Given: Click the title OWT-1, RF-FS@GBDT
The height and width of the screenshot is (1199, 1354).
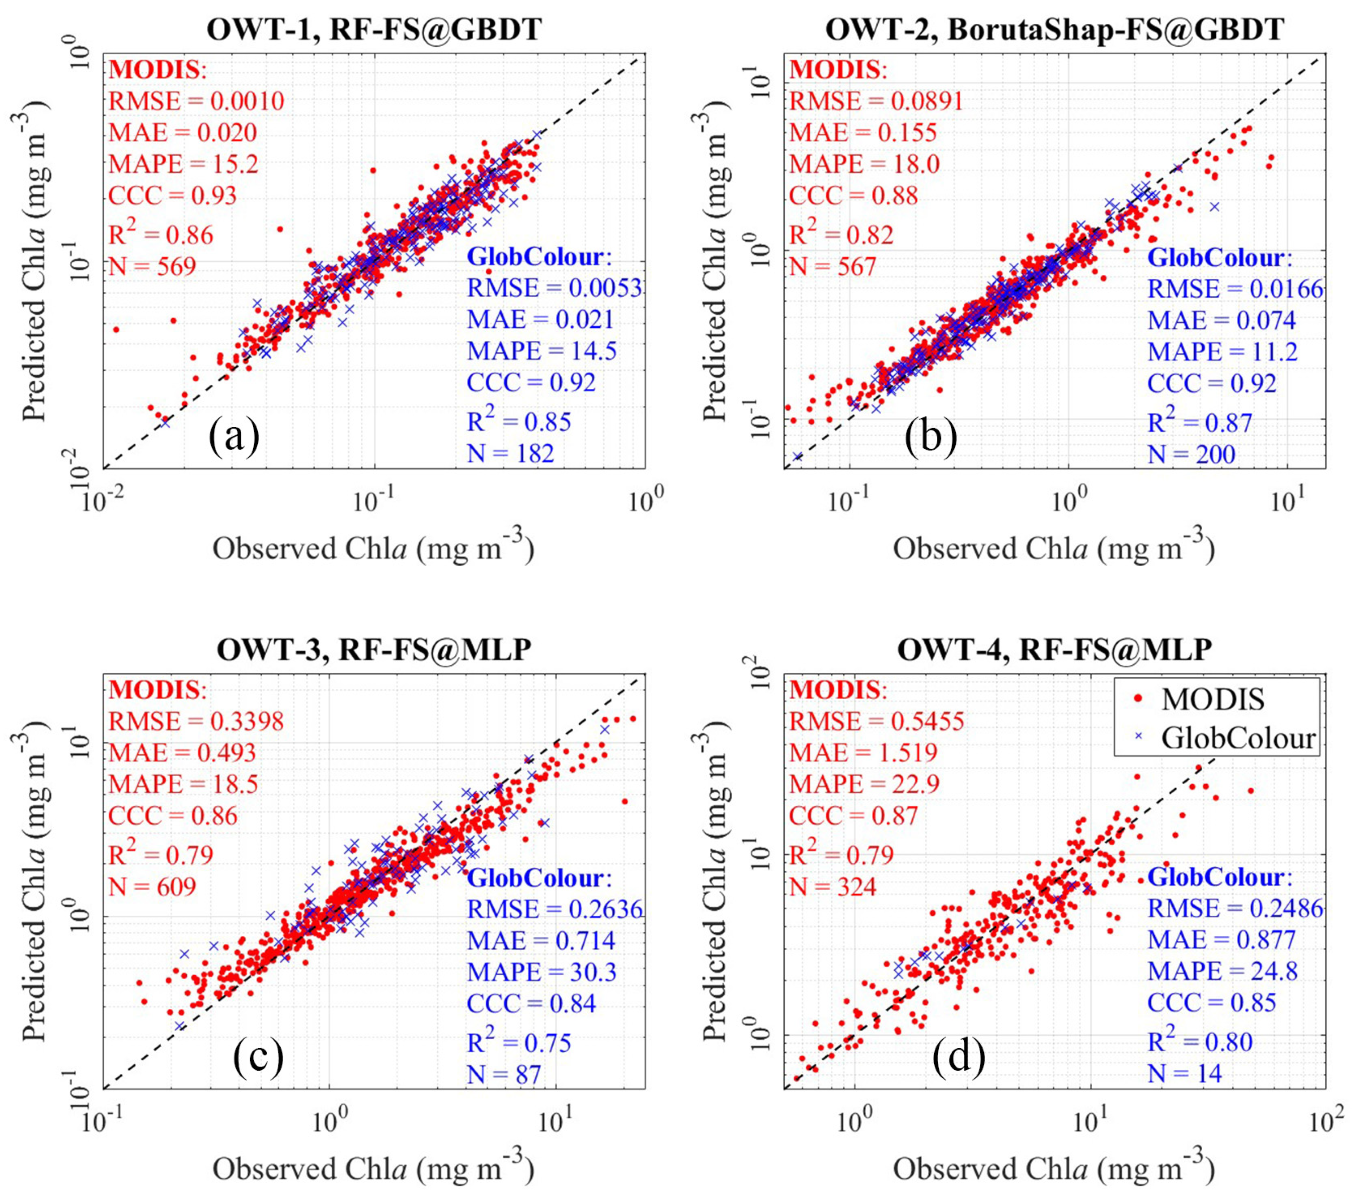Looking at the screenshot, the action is pos(374,30).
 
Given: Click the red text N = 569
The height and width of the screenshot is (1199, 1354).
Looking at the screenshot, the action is pos(152,266).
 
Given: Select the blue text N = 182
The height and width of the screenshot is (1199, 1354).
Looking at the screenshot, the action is pos(510,453).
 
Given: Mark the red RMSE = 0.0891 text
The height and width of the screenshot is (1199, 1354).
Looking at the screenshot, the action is pos(876,101).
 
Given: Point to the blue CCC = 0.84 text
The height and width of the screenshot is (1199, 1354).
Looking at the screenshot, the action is pos(531,1003).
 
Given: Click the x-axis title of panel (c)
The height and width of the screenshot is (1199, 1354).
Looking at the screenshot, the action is pos(373,1170).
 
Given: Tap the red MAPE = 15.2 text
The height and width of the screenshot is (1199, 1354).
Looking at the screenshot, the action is pos(184,163).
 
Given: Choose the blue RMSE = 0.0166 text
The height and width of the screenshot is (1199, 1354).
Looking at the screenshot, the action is pos(1235,289).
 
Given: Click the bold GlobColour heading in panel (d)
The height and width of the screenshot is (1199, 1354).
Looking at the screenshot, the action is pos(1219,877).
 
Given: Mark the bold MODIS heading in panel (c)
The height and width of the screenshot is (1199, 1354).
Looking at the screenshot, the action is pos(158,690).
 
